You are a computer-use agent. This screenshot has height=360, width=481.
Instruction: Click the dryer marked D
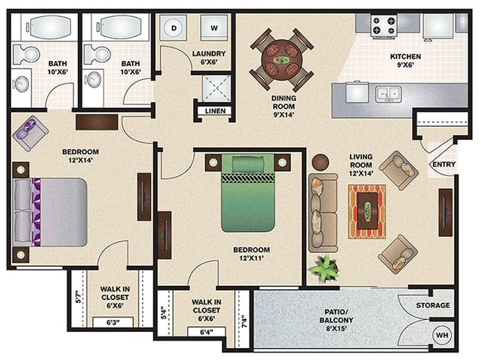pyautogui.click(x=174, y=28)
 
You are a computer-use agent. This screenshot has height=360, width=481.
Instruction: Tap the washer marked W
pyautogui.click(x=214, y=28)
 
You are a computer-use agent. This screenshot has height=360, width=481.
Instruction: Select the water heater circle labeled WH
pyautogui.click(x=442, y=335)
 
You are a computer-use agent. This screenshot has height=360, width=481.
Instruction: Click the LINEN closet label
pyautogui.click(x=215, y=111)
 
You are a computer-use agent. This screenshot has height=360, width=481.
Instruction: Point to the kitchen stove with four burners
pyautogui.click(x=383, y=26)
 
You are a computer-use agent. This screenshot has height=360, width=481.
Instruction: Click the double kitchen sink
pyautogui.click(x=388, y=93)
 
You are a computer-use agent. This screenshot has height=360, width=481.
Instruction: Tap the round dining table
pyautogui.click(x=282, y=60)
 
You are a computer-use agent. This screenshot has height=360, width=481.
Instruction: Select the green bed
pyautogui.click(x=248, y=193)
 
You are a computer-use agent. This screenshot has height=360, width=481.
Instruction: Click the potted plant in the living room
pyautogui.click(x=324, y=269)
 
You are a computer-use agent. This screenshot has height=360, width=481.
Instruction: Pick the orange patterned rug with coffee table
pyautogui.click(x=367, y=211)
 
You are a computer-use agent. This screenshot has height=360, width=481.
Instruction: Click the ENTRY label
pyautogui.click(x=444, y=164)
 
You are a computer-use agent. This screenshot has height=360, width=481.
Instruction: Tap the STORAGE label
pyautogui.click(x=433, y=305)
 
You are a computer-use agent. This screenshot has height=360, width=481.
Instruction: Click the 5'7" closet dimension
pyautogui.click(x=79, y=297)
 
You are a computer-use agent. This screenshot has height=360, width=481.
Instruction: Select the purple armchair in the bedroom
pyautogui.click(x=30, y=133)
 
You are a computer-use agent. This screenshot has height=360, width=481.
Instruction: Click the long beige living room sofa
pyautogui.click(x=323, y=213)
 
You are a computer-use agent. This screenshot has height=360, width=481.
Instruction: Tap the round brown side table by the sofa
pyautogui.click(x=320, y=161)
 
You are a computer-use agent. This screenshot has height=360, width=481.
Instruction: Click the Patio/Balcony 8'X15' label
pyautogui.click(x=336, y=321)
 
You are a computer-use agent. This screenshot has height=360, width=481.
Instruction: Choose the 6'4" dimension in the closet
pyautogui.click(x=206, y=332)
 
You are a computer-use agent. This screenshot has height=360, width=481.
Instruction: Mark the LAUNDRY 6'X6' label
pyautogui.click(x=209, y=58)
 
